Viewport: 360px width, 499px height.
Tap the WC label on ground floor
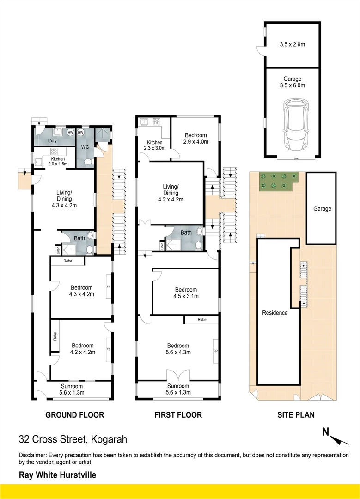[x=85, y=147]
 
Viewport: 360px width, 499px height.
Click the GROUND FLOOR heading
[x=75, y=414]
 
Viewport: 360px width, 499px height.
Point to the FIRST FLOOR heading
[x=178, y=414]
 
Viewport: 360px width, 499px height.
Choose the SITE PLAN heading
[x=296, y=414]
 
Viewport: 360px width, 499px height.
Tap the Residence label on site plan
[x=275, y=313]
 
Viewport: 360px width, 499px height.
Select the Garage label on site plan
[x=322, y=209]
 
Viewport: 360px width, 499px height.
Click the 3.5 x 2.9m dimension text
[x=293, y=44]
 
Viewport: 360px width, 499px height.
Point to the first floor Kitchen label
[x=155, y=143]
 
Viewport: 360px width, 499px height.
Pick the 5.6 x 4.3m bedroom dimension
[x=178, y=352]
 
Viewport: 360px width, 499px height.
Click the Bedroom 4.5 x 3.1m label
[x=186, y=293]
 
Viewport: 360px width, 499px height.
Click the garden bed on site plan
[x=279, y=182]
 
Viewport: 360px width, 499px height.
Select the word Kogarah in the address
[x=109, y=439]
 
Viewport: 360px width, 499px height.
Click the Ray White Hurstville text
[x=58, y=475]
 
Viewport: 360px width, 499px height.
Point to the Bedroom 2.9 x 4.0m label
[x=196, y=139]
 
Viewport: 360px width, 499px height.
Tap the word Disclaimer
[x=32, y=456]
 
